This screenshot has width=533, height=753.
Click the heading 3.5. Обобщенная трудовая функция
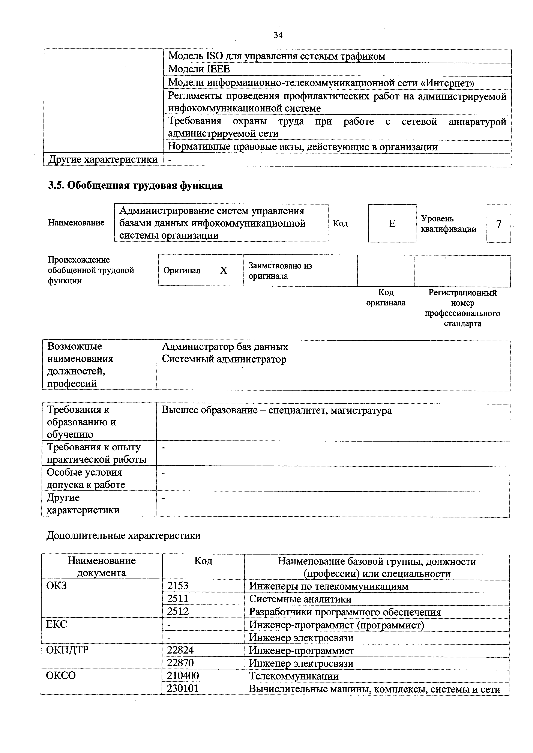pos(135,185)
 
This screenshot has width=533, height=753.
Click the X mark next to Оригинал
pos(224,271)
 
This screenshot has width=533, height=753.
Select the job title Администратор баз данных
pos(225,347)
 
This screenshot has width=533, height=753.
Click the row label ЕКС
pos(56,624)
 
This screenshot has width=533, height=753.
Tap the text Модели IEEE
pos(199,69)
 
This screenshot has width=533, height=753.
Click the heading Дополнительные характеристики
pos(123,536)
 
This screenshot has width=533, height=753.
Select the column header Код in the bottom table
pos(203,561)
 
